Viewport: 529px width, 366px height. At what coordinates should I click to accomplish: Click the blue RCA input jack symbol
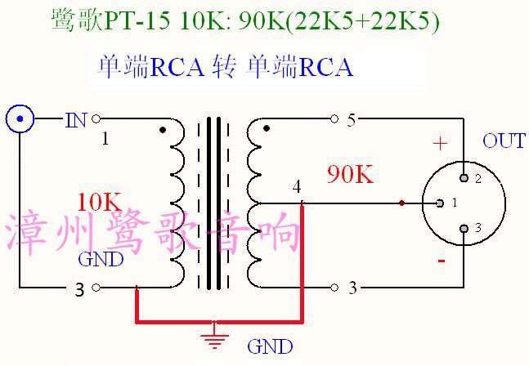click(x=20, y=120)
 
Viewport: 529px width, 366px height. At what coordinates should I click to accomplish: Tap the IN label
click(x=75, y=120)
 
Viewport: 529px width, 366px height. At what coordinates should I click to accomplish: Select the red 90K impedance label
click(x=350, y=174)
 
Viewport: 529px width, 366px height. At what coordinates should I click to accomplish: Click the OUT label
click(x=504, y=141)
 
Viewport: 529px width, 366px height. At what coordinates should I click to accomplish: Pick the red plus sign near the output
click(x=441, y=145)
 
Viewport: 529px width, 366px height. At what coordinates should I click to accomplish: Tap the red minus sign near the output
click(x=442, y=261)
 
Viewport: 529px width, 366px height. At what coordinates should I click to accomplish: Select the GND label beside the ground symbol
click(x=270, y=346)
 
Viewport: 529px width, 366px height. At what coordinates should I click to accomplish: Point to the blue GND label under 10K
click(x=100, y=260)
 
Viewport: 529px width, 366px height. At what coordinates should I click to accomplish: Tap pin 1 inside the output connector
click(x=441, y=203)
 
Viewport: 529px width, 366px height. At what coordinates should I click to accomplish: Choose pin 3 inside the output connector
click(x=464, y=228)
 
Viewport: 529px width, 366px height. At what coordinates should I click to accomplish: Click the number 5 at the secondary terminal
click(x=352, y=120)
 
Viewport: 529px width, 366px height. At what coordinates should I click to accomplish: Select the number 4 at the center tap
click(x=297, y=187)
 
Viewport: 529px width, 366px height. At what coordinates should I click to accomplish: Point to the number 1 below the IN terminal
click(x=105, y=139)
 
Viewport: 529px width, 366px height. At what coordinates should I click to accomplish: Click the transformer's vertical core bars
click(x=214, y=203)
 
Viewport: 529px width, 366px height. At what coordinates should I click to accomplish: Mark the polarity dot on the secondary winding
click(x=265, y=128)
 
